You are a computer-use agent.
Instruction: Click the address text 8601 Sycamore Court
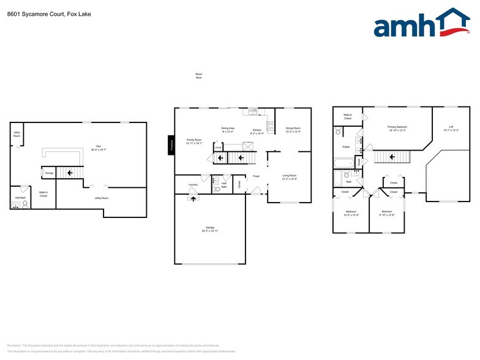click(x=31, y=13)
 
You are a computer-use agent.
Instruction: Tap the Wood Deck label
click(x=198, y=77)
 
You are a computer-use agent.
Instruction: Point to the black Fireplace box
click(x=171, y=145)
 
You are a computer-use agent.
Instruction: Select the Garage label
click(x=210, y=229)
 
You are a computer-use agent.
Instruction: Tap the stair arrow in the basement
click(x=70, y=173)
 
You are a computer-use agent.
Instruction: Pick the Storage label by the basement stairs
click(x=49, y=173)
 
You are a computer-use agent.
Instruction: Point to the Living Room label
click(x=290, y=177)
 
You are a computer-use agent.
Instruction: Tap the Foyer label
click(x=257, y=176)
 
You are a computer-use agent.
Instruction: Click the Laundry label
click(x=193, y=184)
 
